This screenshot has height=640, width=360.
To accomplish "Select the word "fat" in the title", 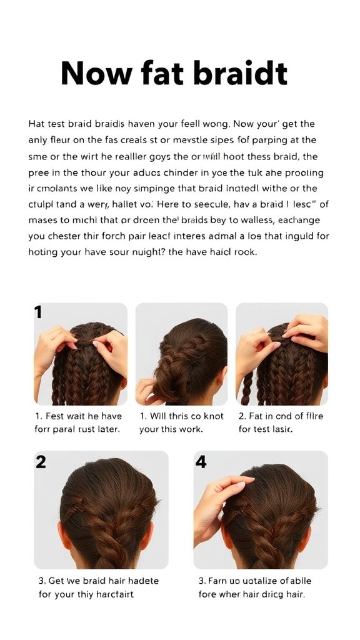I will coord(159,74).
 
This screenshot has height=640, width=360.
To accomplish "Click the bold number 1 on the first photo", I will coord(39,312).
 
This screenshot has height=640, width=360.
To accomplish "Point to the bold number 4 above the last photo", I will coord(201,462).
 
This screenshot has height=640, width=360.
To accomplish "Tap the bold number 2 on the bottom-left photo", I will coord(41,462).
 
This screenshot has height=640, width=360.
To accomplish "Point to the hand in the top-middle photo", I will coord(147,391).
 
